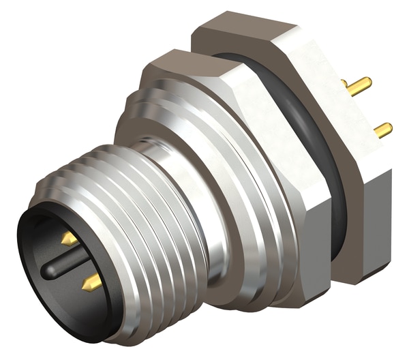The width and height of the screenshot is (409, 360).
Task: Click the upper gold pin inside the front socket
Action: [x=69, y=239]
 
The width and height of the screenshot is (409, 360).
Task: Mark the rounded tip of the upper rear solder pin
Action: [x=369, y=82]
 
